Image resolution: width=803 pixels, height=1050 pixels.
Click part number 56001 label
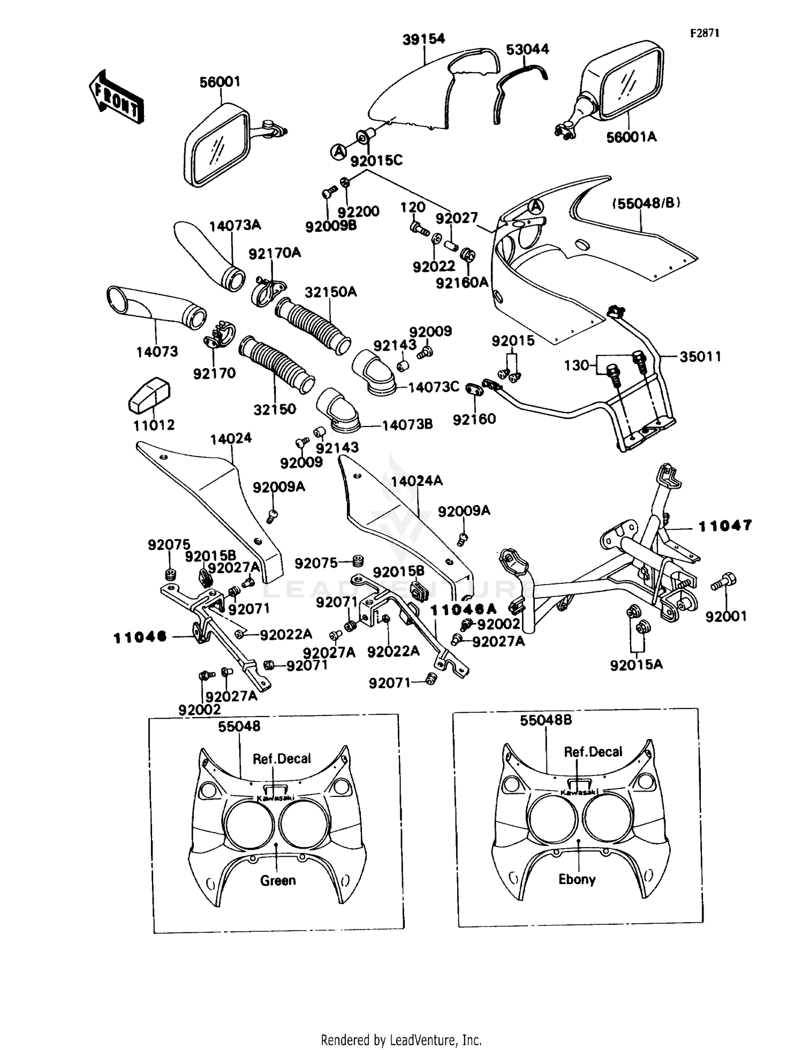point(220,82)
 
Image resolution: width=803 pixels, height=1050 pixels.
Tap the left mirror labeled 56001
point(217,146)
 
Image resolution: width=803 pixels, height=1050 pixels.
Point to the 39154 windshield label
point(423,39)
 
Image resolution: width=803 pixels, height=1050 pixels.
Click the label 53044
point(527,49)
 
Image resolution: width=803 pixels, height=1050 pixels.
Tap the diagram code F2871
point(704,33)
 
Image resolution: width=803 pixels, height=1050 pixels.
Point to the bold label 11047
point(725,526)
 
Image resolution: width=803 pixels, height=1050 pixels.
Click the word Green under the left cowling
point(278,880)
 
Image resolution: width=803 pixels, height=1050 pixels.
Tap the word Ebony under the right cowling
point(577,879)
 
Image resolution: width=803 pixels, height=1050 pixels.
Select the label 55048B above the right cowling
point(546,720)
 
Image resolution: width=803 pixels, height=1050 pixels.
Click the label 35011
point(700,356)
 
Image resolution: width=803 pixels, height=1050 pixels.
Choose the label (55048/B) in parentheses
point(646,203)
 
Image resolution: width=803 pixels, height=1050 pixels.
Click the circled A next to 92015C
point(338,152)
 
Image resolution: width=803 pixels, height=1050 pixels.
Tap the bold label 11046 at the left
point(140,637)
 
